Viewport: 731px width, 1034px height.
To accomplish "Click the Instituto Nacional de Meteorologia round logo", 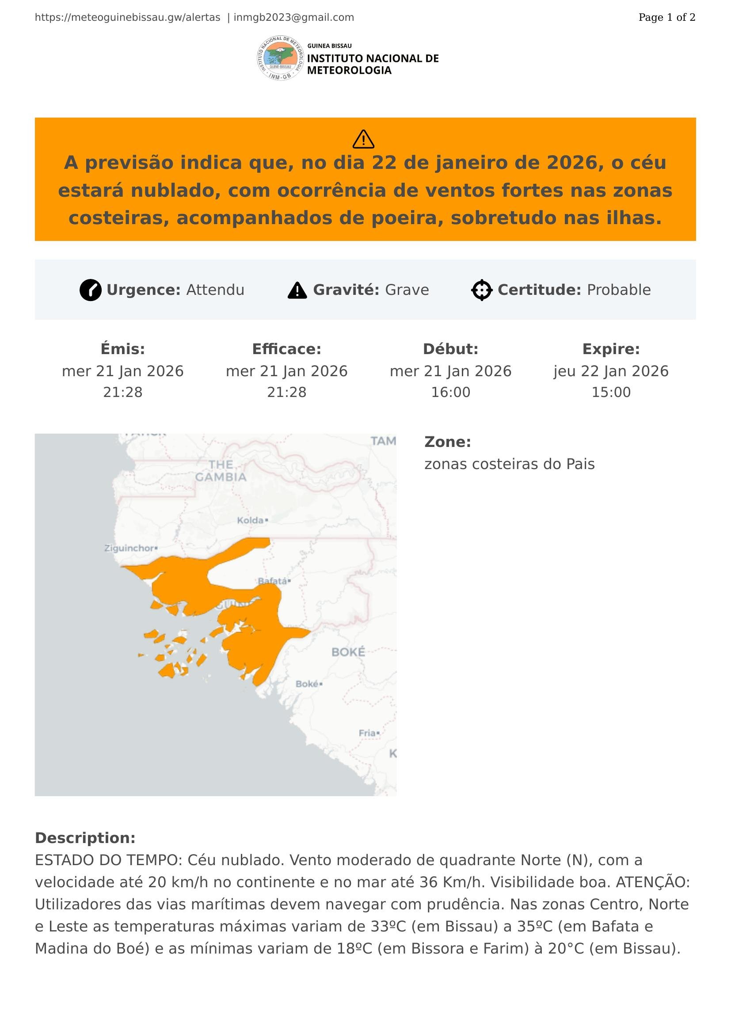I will [281, 58].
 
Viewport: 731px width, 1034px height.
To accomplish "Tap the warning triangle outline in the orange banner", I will [363, 139].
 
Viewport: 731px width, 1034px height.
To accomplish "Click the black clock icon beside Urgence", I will [91, 290].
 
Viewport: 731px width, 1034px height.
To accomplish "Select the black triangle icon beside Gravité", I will [297, 290].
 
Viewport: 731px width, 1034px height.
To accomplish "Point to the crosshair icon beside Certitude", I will [482, 290].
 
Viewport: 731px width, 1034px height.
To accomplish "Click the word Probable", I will [618, 290].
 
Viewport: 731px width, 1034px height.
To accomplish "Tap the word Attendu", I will [215, 290].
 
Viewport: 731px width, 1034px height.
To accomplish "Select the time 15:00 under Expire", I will [611, 392].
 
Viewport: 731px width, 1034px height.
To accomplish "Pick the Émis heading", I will [122, 349].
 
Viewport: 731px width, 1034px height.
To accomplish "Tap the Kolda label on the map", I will [251, 521].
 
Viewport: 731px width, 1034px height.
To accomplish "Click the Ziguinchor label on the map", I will [129, 548].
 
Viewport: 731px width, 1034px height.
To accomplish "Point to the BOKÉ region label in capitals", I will [348, 652].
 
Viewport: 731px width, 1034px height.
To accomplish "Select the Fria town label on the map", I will [367, 733].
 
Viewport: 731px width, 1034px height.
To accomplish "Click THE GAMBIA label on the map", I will [221, 471].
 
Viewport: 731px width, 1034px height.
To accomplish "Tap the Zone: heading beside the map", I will [447, 442].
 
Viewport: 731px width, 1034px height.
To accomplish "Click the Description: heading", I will [85, 838].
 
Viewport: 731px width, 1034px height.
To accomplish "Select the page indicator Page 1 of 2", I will [666, 18].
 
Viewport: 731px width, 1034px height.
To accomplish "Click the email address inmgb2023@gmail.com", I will [293, 18].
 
